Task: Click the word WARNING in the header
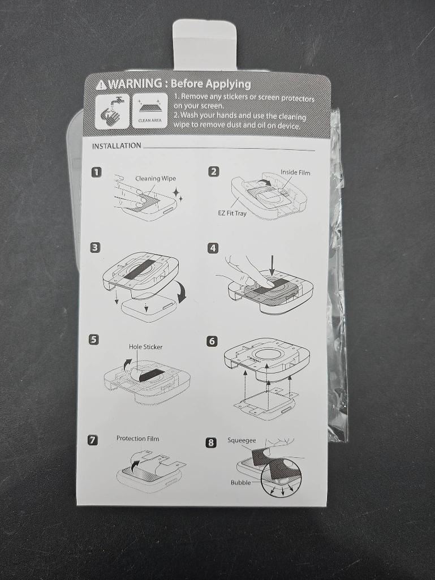[135, 84]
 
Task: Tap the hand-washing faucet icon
[113, 111]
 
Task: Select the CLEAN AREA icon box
[150, 111]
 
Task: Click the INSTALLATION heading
[117, 146]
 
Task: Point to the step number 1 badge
[96, 172]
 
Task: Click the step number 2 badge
[213, 171]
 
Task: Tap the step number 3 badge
[95, 247]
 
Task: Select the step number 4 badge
[213, 248]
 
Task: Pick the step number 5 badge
[94, 340]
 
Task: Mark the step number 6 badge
[212, 341]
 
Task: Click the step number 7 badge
[92, 440]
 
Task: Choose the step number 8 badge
[211, 442]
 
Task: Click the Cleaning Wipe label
[156, 179]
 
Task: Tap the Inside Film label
[295, 173]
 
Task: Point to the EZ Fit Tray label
[232, 213]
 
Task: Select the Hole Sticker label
[146, 347]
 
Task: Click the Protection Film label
[137, 439]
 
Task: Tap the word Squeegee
[242, 440]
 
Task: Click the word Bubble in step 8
[240, 482]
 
